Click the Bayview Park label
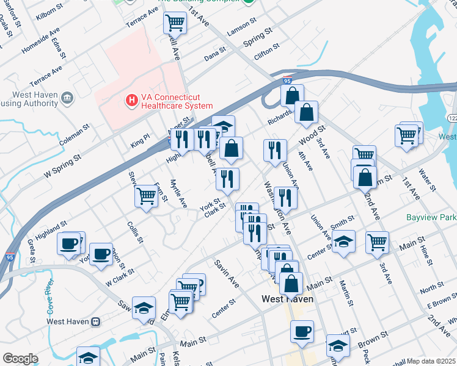pyautogui.click(x=431, y=217)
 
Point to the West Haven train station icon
pyautogui.click(x=95, y=321)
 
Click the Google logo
pyautogui.click(x=20, y=359)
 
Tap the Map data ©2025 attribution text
pyautogui.click(x=431, y=361)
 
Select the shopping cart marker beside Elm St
pyautogui.click(x=181, y=301)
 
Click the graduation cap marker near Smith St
pyautogui.click(x=344, y=242)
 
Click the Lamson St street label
pyautogui.click(x=241, y=26)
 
